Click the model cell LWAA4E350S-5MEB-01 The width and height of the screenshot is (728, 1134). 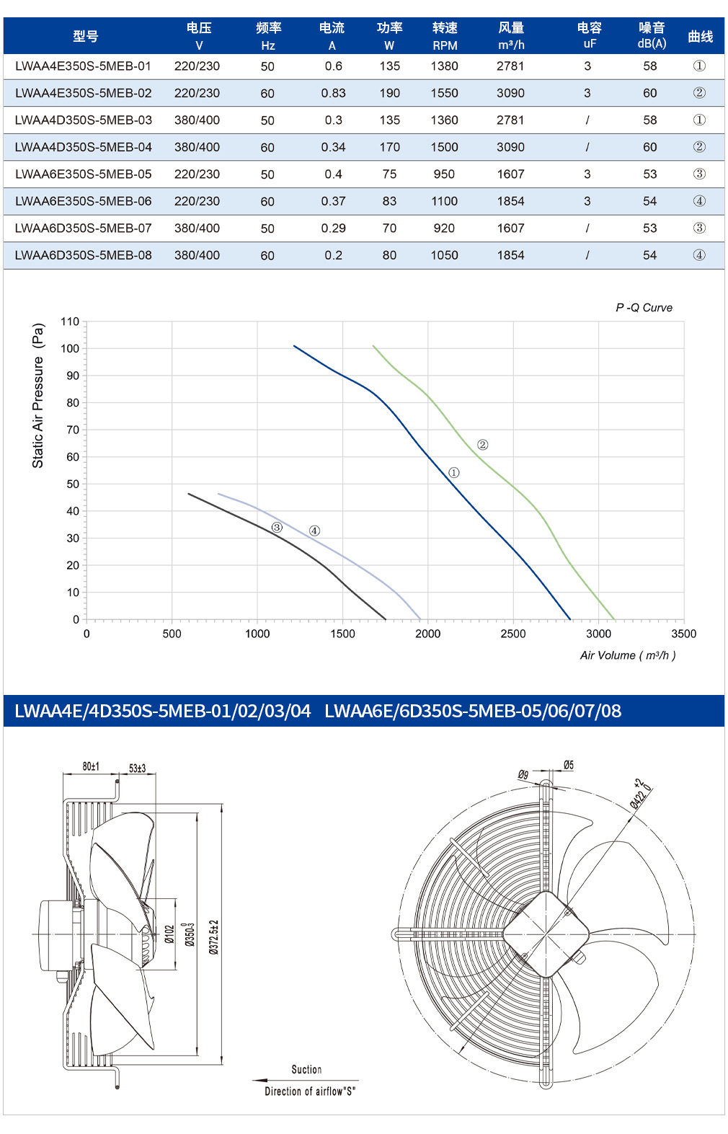[x=83, y=66]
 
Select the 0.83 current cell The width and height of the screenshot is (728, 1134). [x=333, y=93]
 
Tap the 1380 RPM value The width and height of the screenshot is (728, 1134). [x=444, y=66]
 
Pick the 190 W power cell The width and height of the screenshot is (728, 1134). [x=389, y=93]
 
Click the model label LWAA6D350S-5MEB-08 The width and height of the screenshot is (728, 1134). [x=83, y=255]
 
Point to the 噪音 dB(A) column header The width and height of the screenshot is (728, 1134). [x=652, y=35]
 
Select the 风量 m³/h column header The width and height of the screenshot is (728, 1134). [x=511, y=36]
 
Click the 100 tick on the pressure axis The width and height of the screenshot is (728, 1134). [x=70, y=349]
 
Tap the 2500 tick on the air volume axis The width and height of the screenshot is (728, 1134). [x=512, y=634]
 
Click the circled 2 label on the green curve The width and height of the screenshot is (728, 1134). [x=482, y=445]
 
